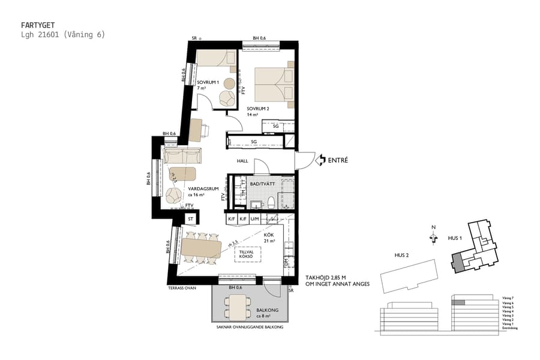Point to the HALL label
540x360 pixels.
coord(242,161)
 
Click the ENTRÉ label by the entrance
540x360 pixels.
coord(338,160)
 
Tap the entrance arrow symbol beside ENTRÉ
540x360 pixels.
coord(319,160)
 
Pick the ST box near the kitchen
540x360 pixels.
coord(191,220)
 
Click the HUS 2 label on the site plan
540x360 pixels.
coord(403,255)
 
